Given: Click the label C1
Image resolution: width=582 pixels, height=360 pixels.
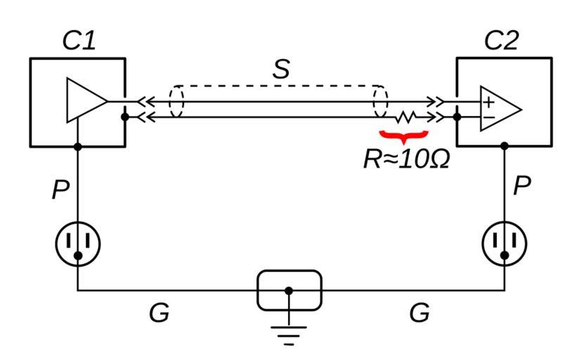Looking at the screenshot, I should tap(79, 41).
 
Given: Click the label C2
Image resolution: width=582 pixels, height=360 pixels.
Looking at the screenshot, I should tap(501, 41).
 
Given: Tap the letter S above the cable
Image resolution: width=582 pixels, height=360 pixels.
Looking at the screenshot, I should tap(281, 69).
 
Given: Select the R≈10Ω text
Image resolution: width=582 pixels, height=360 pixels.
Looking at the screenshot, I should tap(406, 160).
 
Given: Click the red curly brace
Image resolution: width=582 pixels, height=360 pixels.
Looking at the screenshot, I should tap(403, 134).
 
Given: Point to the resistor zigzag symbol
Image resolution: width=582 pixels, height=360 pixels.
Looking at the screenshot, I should tap(407, 117).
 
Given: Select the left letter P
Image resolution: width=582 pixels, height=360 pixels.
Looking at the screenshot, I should tap(60, 189).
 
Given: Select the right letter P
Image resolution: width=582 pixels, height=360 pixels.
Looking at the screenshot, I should tap(522, 186).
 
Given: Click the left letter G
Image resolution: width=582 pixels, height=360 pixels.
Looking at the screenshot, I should tap(159, 313).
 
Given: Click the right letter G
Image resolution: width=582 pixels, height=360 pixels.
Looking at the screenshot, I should tap(419, 313).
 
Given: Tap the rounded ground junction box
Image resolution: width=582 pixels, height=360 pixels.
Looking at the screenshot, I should tap(288, 290).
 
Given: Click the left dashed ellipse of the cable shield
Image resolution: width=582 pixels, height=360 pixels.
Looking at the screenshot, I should tap(176, 103).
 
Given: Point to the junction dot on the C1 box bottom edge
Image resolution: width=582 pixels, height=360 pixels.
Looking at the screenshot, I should tap(78, 147).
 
